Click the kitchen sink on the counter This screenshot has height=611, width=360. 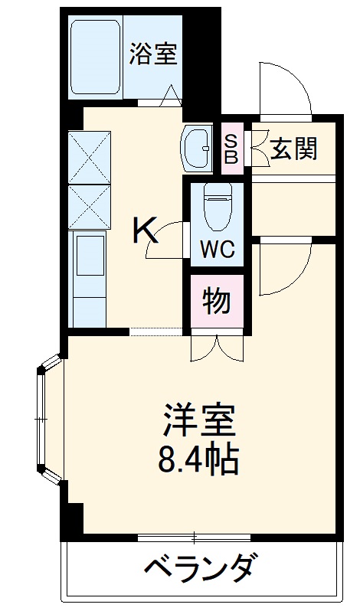89,256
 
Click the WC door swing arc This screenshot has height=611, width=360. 167,241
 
